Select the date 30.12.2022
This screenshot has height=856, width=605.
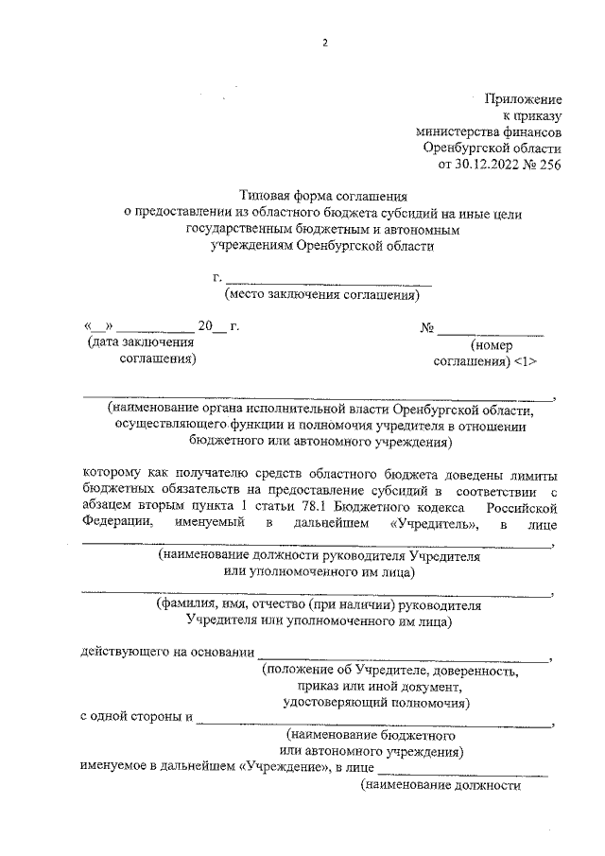click(x=489, y=166)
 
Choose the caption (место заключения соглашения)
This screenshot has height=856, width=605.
click(x=321, y=294)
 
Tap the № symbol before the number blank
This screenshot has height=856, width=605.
click(x=427, y=328)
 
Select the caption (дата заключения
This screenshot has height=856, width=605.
click(x=138, y=343)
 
